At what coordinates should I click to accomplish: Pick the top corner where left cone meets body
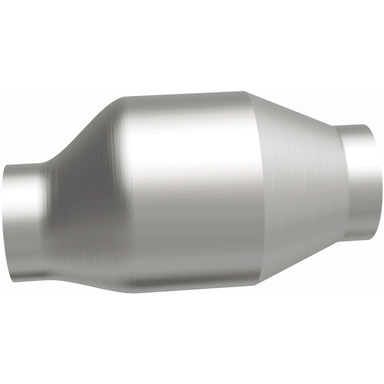tap(125, 96)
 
